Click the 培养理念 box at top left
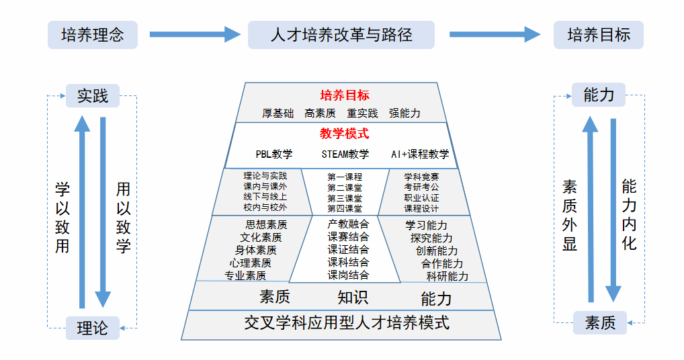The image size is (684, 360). pyautogui.click(x=93, y=35)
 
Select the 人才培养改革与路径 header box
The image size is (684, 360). pyautogui.click(x=341, y=35)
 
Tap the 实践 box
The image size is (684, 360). pyautogui.click(x=93, y=96)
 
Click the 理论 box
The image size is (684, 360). pyautogui.click(x=93, y=328)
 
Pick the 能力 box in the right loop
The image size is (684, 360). pyautogui.click(x=599, y=95)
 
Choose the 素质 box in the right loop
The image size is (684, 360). pyautogui.click(x=600, y=323)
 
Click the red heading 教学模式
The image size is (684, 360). pyautogui.click(x=345, y=134)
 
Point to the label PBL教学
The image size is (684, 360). pyautogui.click(x=274, y=154)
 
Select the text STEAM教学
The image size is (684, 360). pyautogui.click(x=345, y=154)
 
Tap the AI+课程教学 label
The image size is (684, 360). pyautogui.click(x=420, y=154)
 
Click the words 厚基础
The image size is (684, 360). pyautogui.click(x=278, y=114)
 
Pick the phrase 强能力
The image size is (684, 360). pyautogui.click(x=404, y=114)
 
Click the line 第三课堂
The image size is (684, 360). pyautogui.click(x=345, y=198)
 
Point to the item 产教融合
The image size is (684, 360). pyautogui.click(x=348, y=224)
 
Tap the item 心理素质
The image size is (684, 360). pyautogui.click(x=251, y=263)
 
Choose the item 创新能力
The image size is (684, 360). pyautogui.click(x=437, y=251)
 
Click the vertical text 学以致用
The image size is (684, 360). pyautogui.click(x=62, y=217)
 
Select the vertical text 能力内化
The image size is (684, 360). pyautogui.click(x=629, y=214)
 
